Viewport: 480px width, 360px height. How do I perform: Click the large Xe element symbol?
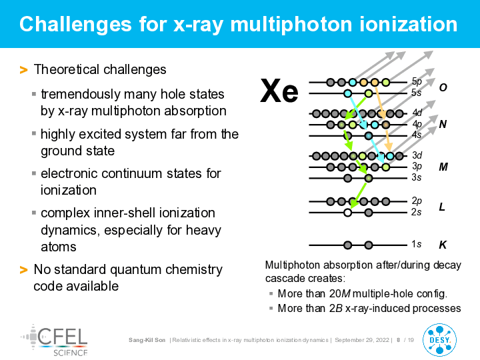279,91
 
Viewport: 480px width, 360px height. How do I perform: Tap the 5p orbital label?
417,81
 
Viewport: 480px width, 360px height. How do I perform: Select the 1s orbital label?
416,244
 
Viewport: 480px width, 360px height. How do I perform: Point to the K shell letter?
443,245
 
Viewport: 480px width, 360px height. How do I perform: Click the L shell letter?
442,207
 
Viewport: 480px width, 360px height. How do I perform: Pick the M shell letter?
443,167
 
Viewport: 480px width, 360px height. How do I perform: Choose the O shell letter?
443,87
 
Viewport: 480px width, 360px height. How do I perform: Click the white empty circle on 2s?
347,213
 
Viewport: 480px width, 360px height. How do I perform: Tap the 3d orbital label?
417,155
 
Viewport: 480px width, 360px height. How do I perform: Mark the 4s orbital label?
417,135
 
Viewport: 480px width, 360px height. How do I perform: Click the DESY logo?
439,340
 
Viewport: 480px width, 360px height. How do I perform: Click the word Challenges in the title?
75,24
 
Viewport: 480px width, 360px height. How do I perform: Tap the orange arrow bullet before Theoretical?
23,70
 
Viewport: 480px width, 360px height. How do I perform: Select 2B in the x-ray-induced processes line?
336,308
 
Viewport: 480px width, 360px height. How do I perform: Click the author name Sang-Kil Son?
147,340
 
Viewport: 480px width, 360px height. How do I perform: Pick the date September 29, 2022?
362,340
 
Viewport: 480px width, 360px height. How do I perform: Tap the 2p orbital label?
417,201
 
